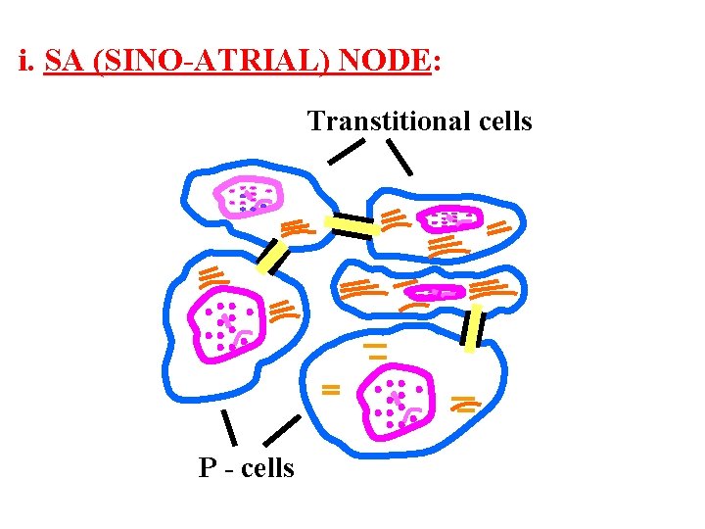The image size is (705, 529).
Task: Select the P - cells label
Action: tap(246, 468)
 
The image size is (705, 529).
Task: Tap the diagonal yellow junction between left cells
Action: tap(272, 255)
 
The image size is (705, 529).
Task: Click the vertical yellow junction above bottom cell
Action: tap(474, 328)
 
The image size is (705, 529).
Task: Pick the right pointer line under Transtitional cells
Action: tap(399, 157)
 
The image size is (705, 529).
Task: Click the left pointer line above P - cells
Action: tap(229, 427)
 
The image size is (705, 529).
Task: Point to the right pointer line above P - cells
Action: tap(282, 431)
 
